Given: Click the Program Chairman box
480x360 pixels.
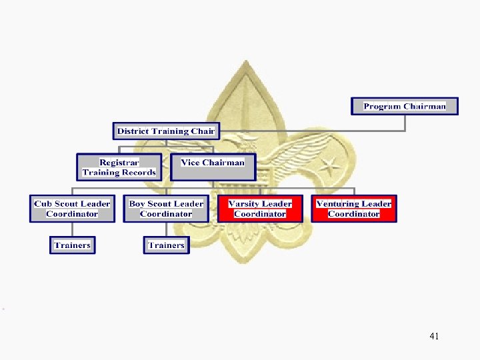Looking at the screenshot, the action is pos(405,106).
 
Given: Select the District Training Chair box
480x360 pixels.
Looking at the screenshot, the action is pos(165,131).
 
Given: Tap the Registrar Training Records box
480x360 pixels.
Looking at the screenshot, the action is pos(119,167).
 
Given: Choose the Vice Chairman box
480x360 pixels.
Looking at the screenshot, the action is pos(213,167).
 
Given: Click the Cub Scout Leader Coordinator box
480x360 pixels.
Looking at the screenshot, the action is pos(72,209).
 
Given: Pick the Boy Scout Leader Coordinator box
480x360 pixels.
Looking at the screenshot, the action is pos(166,209).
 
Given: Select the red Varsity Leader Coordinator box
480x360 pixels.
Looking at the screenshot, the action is pos(259,209).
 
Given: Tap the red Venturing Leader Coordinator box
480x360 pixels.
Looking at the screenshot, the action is pos(353,209).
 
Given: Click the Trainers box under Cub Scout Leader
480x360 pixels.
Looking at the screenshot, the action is pos(72,245).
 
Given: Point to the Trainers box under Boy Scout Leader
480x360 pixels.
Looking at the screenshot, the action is pos(166,245).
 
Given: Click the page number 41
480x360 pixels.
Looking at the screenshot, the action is pos(434,337).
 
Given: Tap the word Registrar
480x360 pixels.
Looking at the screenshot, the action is pos(119,163).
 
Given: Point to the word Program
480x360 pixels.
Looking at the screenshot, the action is pos(382,106).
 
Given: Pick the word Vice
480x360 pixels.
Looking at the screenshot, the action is pos(191,163).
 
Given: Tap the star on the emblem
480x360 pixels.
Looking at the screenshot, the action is pos(329,164).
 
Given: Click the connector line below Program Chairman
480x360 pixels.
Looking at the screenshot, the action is pos(405,123).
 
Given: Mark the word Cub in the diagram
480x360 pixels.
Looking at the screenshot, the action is pos(43,204).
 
